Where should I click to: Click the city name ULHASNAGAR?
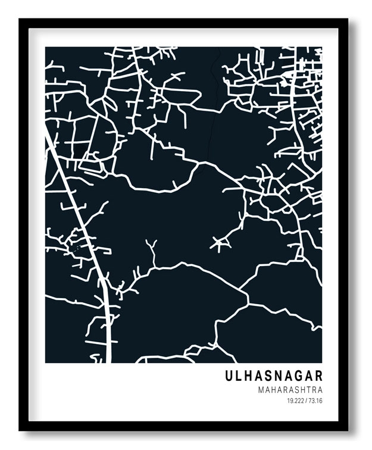274,376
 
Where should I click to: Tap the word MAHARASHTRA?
290,390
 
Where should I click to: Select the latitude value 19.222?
295,401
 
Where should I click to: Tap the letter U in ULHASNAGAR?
229,376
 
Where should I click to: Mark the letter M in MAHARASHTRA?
262,390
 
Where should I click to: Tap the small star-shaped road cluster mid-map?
221,243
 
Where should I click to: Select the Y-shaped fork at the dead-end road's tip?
151,245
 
